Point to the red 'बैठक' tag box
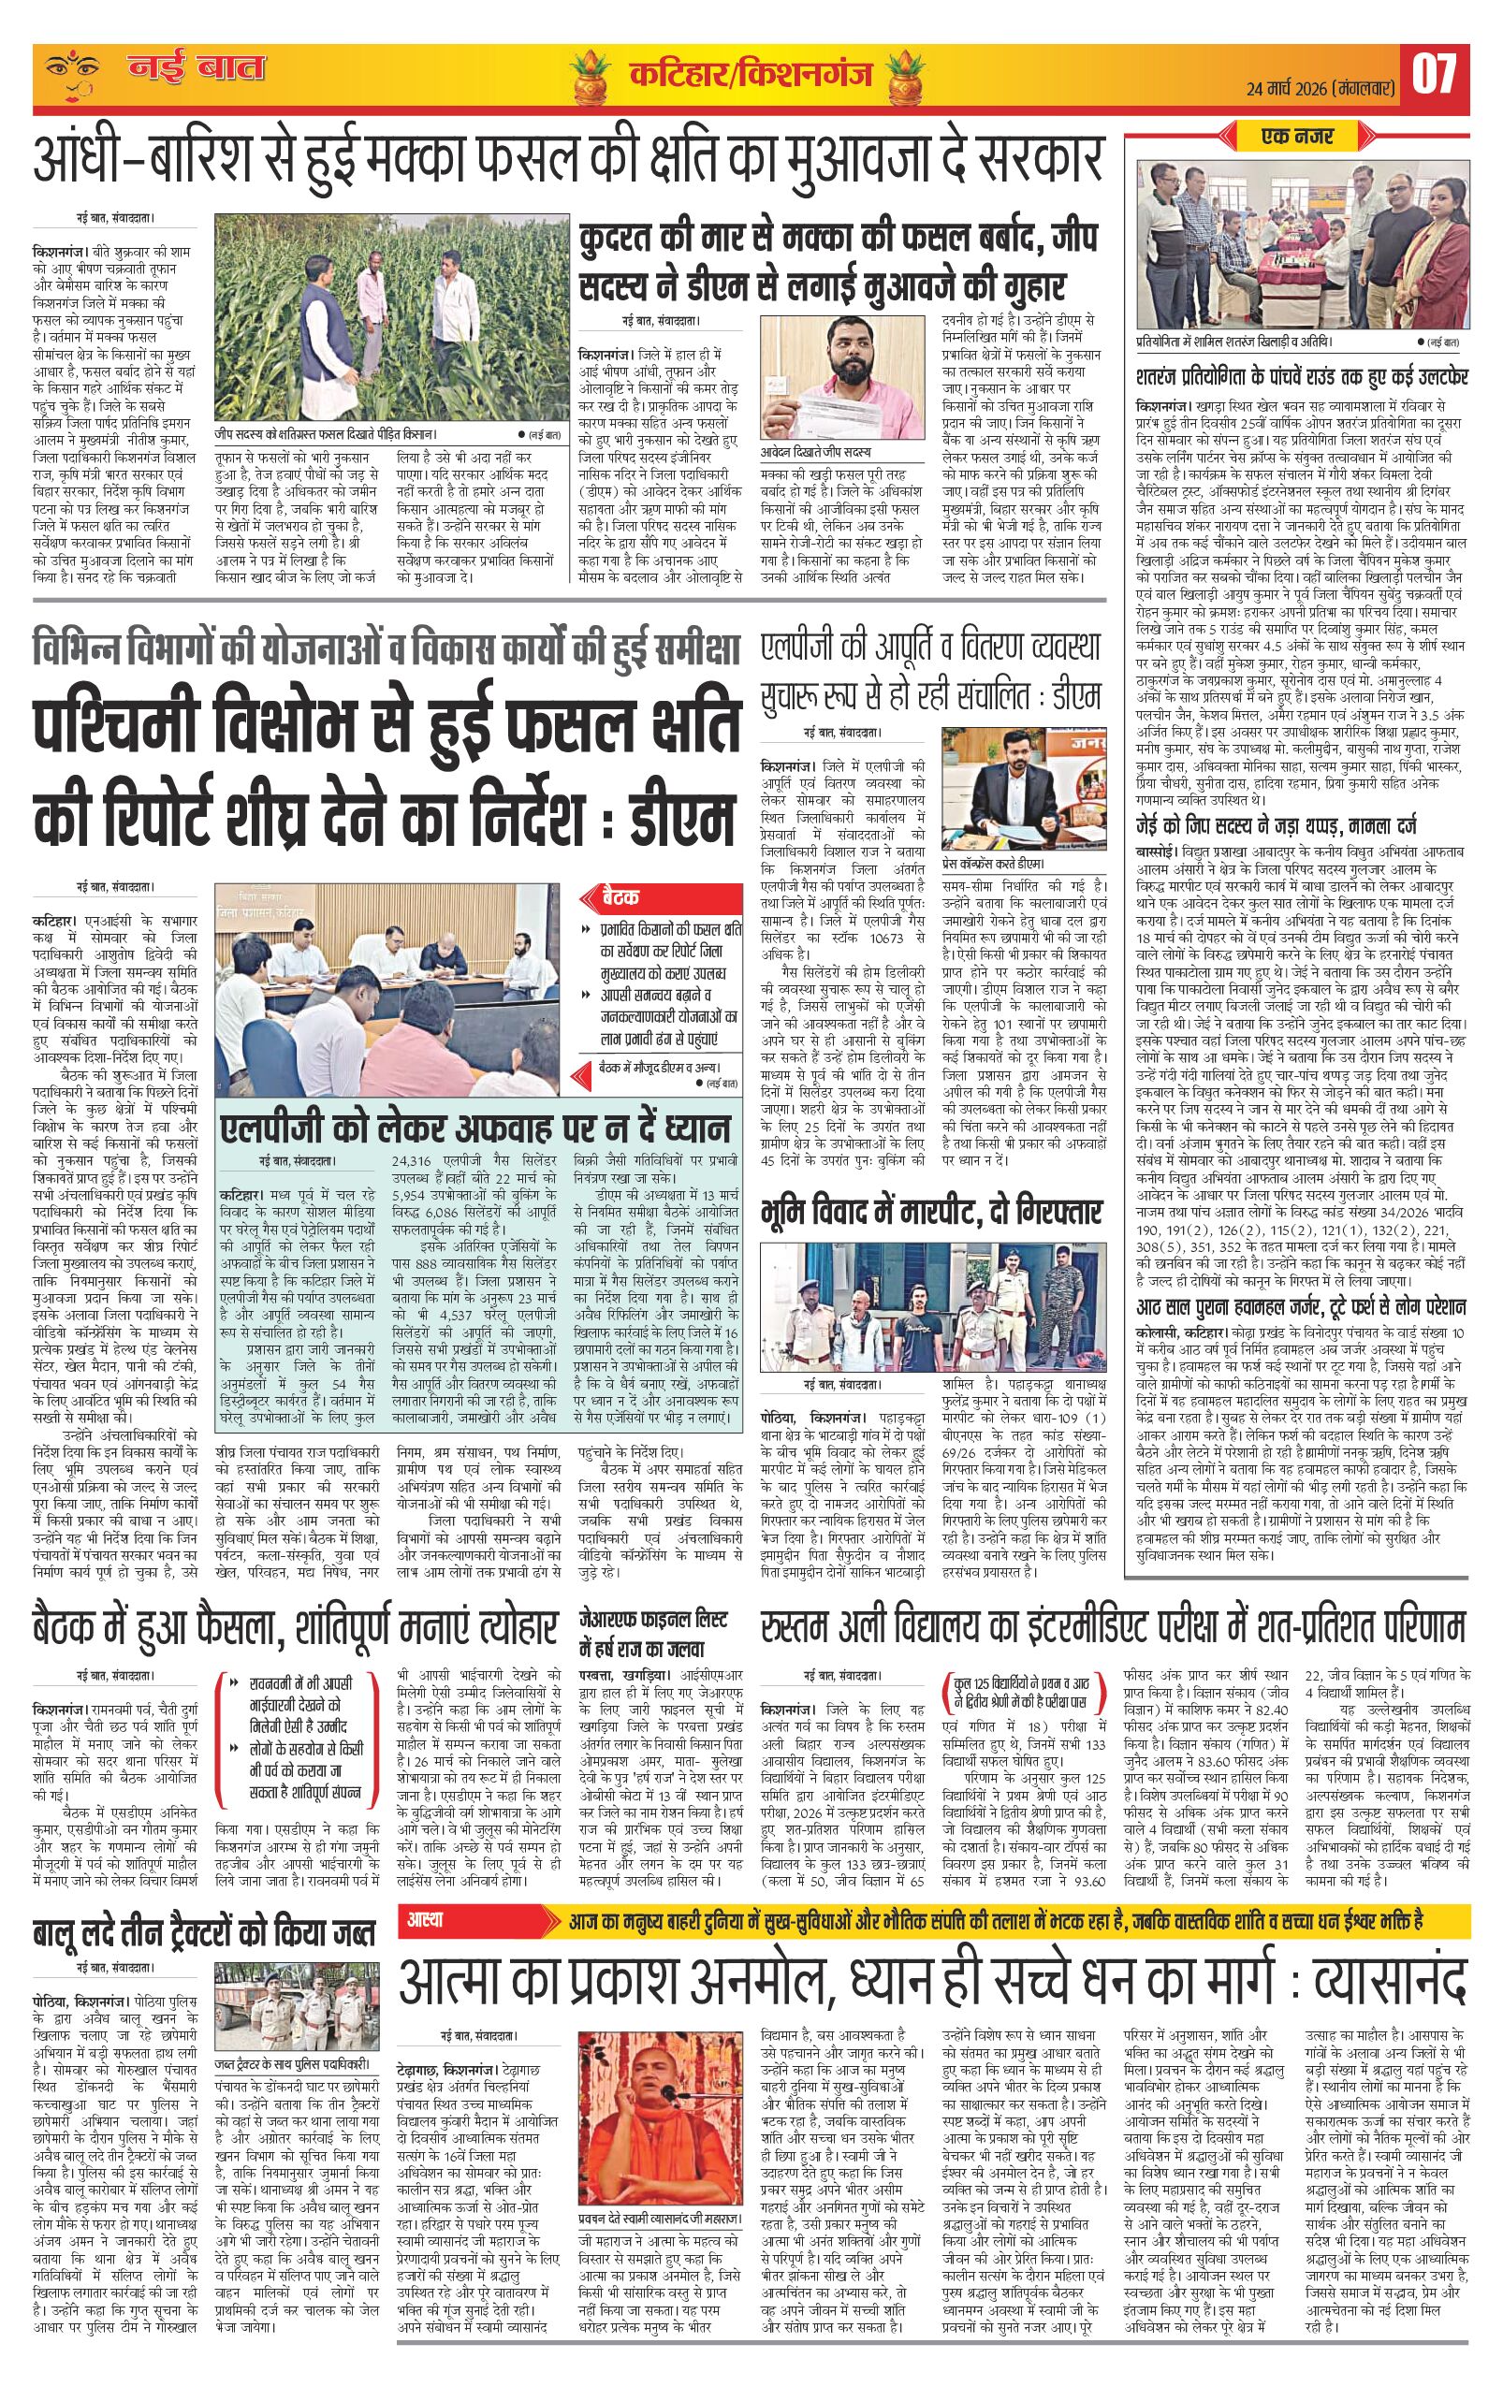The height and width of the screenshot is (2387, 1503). pos(620,897)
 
